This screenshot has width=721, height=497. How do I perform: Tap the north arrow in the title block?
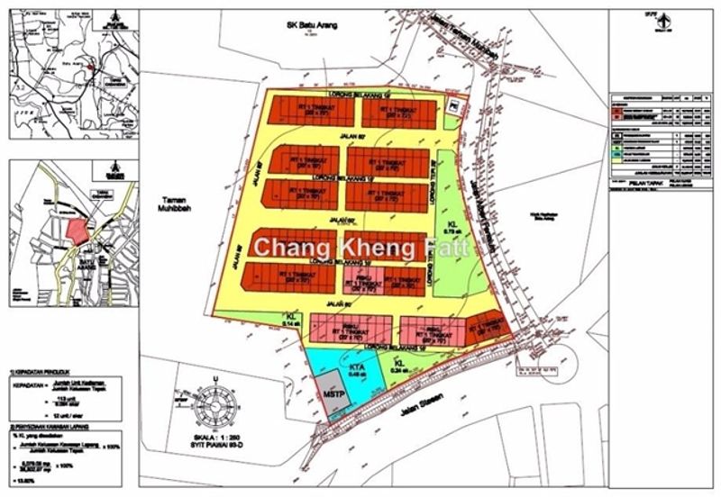[x=663, y=16]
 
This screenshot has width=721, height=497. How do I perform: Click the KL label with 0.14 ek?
[x=291, y=316]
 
